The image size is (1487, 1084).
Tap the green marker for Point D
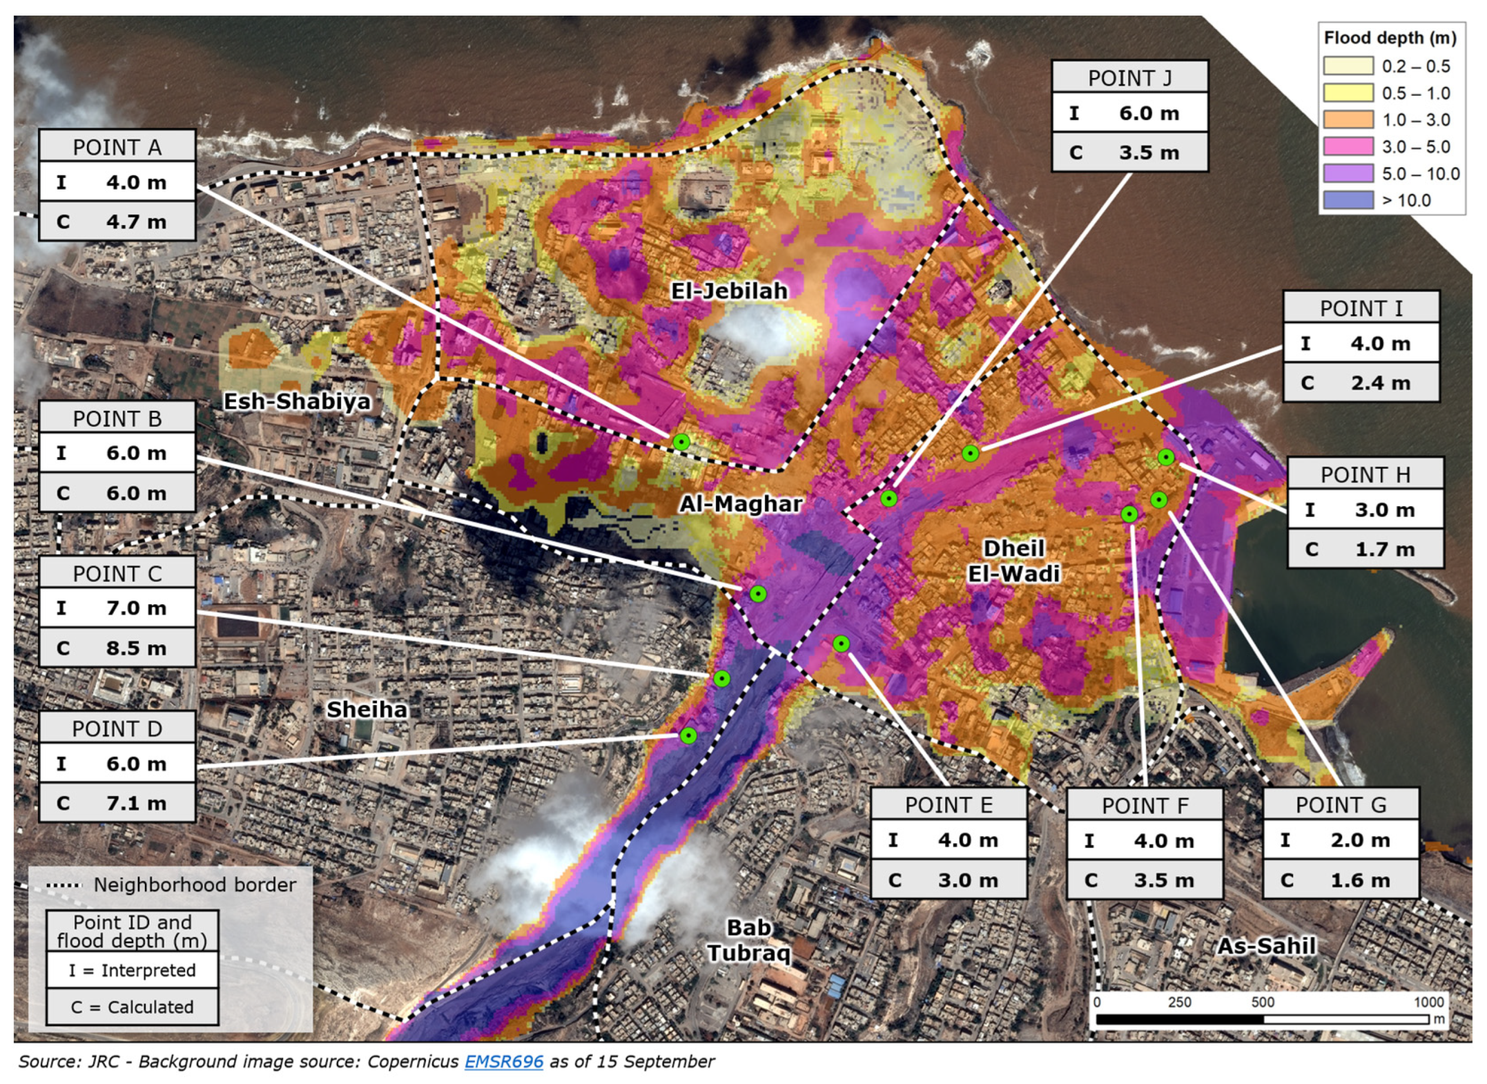point(688,736)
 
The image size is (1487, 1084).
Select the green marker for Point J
point(888,499)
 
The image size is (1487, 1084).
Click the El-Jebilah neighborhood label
point(729,291)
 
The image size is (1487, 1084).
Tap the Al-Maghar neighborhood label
point(740,504)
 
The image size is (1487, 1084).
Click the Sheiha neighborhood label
point(367,709)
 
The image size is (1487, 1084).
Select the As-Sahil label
point(1266,946)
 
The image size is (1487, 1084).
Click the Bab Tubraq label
point(748,940)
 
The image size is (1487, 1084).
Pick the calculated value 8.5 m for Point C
point(136,648)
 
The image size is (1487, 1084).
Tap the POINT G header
point(1340,805)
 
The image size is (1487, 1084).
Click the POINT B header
point(117,419)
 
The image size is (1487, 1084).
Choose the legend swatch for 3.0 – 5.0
point(1348,147)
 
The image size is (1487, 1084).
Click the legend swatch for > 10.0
point(1348,200)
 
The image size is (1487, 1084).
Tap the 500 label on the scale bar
point(1262,1002)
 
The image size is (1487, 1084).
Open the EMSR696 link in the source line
point(503,1062)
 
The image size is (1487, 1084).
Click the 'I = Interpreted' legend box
point(132,970)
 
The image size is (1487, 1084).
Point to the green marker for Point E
point(841,644)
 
